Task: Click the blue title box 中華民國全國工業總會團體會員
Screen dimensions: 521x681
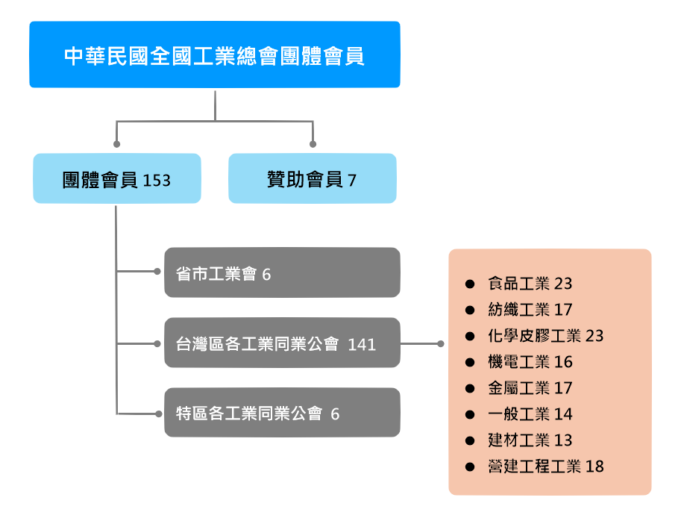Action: click(215, 54)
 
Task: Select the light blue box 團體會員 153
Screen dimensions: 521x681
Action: click(117, 179)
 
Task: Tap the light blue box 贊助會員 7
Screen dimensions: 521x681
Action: click(312, 179)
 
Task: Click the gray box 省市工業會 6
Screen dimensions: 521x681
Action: click(282, 273)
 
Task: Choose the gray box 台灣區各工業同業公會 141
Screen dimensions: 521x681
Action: click(282, 343)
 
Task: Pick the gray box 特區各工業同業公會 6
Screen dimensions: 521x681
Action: click(282, 413)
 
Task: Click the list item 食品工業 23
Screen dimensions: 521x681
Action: click(530, 284)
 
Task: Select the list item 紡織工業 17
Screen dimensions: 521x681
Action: click(530, 310)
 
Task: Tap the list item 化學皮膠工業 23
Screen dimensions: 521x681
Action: click(545, 336)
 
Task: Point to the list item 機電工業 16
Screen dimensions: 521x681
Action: click(530, 362)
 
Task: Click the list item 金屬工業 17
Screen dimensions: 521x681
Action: click(530, 388)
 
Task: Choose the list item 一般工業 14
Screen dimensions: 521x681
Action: click(530, 414)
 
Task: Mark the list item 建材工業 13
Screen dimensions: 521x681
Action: click(530, 440)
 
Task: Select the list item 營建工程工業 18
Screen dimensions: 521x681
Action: click(545, 467)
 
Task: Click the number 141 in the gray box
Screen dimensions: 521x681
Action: click(362, 344)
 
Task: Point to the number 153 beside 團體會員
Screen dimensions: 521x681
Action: click(157, 181)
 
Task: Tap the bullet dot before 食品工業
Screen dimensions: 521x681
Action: click(469, 284)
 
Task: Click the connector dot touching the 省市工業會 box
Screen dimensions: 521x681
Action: click(157, 272)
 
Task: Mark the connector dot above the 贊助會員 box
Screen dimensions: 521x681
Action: click(313, 144)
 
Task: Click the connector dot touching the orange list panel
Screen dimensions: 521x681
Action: click(440, 344)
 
